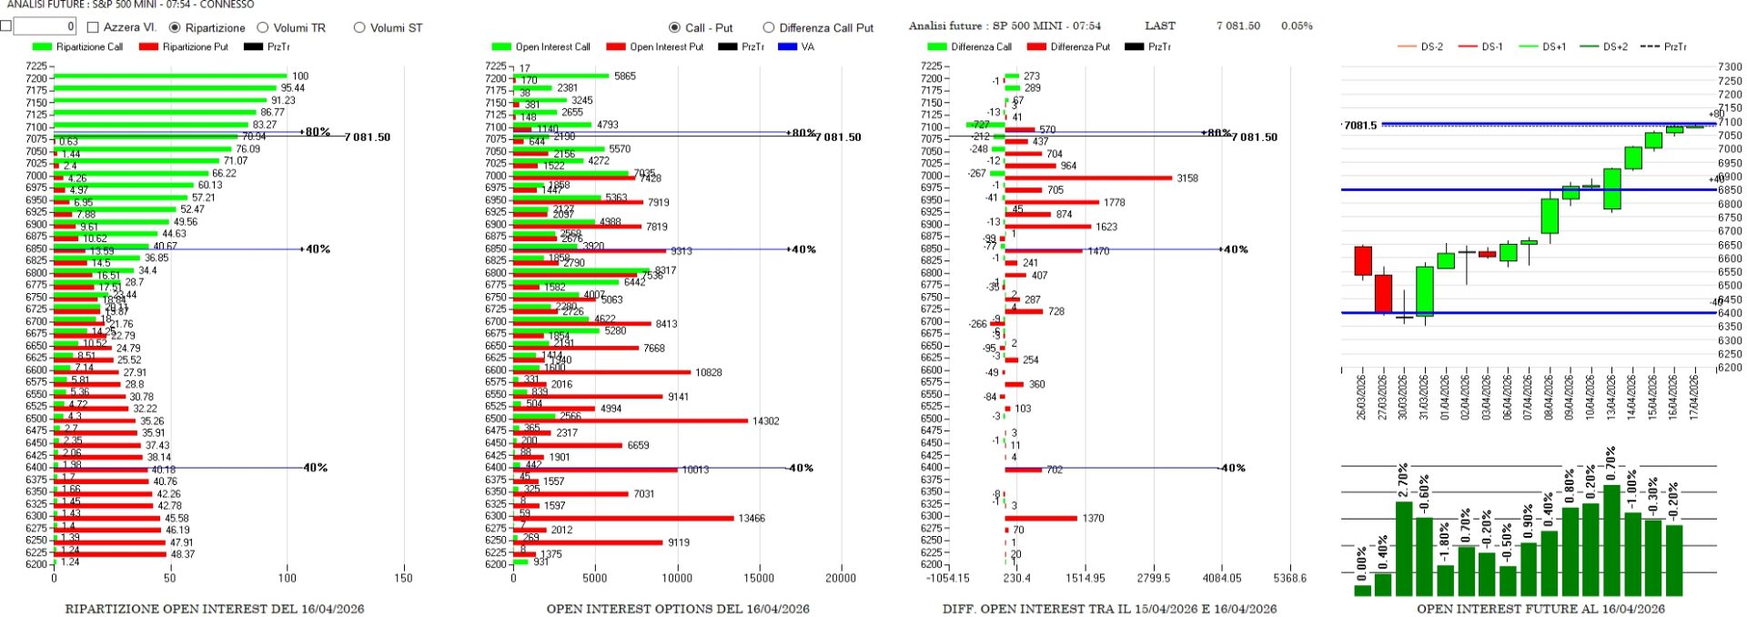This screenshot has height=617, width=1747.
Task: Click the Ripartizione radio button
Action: (x=175, y=28)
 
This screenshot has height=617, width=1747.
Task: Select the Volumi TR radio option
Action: (x=263, y=28)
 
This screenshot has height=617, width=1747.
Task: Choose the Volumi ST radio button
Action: (x=359, y=28)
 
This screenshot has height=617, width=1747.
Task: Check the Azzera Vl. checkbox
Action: (x=93, y=28)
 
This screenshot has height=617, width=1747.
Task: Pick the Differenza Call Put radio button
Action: (x=769, y=28)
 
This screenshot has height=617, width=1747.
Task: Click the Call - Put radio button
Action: (x=674, y=28)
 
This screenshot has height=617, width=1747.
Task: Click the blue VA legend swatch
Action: (x=787, y=46)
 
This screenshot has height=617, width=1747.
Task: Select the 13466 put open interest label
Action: (x=751, y=519)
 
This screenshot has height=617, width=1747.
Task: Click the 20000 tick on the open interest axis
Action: (x=840, y=578)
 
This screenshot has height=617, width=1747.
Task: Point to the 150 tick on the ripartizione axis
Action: (x=404, y=578)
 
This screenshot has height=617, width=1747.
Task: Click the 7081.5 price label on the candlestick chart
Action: (x=1360, y=126)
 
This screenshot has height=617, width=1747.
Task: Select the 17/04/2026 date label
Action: (x=1694, y=397)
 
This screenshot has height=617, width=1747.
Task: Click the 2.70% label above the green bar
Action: (x=1404, y=477)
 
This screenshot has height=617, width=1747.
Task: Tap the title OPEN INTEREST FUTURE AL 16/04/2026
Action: (x=1540, y=609)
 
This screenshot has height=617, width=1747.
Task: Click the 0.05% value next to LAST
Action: (x=1297, y=26)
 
